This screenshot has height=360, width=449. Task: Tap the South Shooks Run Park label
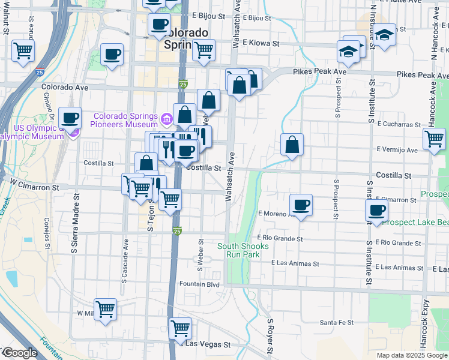click(243, 250)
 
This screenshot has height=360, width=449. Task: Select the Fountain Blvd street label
click(200, 284)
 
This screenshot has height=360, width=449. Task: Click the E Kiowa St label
click(261, 43)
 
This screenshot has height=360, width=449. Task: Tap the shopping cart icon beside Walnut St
click(23, 50)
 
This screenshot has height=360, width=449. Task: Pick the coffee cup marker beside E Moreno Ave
click(301, 205)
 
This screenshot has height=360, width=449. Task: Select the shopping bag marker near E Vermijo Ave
click(292, 144)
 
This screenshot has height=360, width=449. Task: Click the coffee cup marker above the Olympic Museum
click(70, 118)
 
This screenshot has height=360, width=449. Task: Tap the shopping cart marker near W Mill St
click(105, 309)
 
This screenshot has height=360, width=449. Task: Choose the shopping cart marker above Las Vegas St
click(179, 328)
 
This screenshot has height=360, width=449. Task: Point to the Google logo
click(19, 353)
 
